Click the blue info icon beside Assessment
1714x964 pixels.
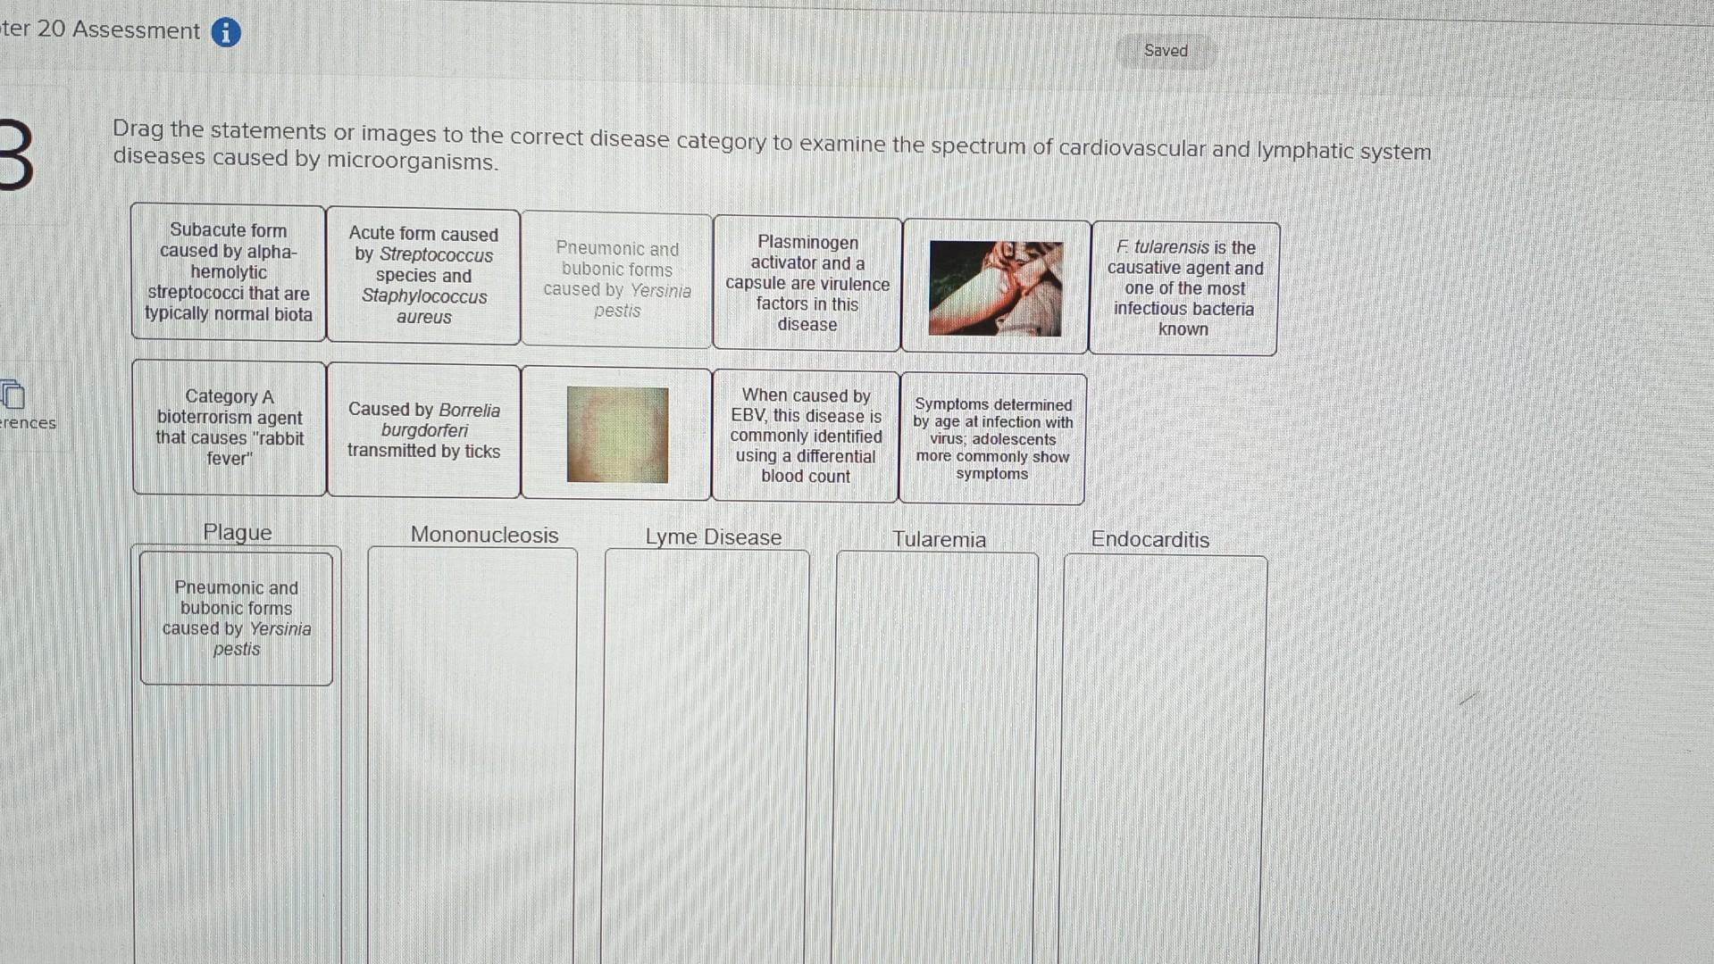(x=226, y=32)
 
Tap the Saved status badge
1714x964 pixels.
(x=1166, y=51)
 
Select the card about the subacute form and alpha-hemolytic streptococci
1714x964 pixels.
(x=229, y=272)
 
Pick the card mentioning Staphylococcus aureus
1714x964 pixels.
(x=423, y=275)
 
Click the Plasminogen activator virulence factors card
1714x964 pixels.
(x=807, y=283)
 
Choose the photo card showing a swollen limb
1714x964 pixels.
(x=995, y=287)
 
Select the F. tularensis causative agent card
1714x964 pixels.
(x=1184, y=287)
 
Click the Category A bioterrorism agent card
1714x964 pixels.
(x=230, y=428)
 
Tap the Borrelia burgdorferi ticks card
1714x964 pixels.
(x=423, y=430)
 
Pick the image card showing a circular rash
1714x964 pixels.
(x=617, y=435)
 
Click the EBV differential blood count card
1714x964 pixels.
(x=806, y=436)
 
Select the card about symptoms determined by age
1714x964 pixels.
(x=992, y=438)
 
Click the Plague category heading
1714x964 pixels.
(x=237, y=532)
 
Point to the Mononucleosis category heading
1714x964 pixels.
(x=484, y=535)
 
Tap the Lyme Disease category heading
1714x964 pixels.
(x=713, y=537)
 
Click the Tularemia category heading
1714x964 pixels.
(x=939, y=539)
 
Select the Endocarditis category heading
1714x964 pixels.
(x=1150, y=539)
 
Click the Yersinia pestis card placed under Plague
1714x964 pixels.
(x=237, y=619)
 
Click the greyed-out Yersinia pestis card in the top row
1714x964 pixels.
(x=617, y=279)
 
